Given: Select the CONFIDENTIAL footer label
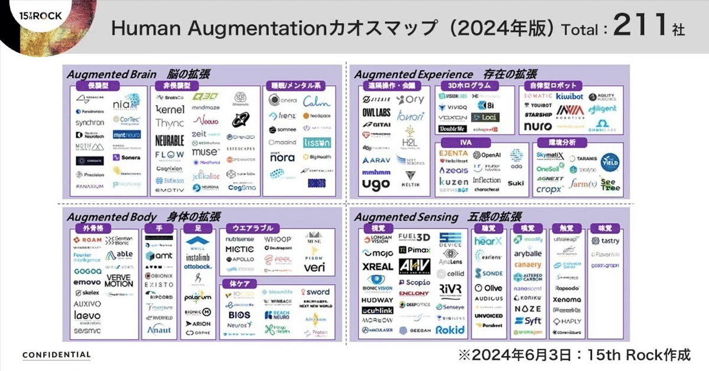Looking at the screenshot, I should coord(57,355).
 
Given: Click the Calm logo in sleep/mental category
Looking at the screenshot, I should coord(316,102).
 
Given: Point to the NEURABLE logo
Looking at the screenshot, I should coord(170,140).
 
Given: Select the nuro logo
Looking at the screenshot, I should coord(537,126).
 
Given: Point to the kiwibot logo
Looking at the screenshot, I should coord(570,96).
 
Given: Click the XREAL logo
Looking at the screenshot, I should coord(377,267).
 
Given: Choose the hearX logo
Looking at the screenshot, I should coord(488,242).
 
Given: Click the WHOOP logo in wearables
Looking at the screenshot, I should coord(278,239).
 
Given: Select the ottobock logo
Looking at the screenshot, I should coord(197,266).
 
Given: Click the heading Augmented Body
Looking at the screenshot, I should coord(112,217).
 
